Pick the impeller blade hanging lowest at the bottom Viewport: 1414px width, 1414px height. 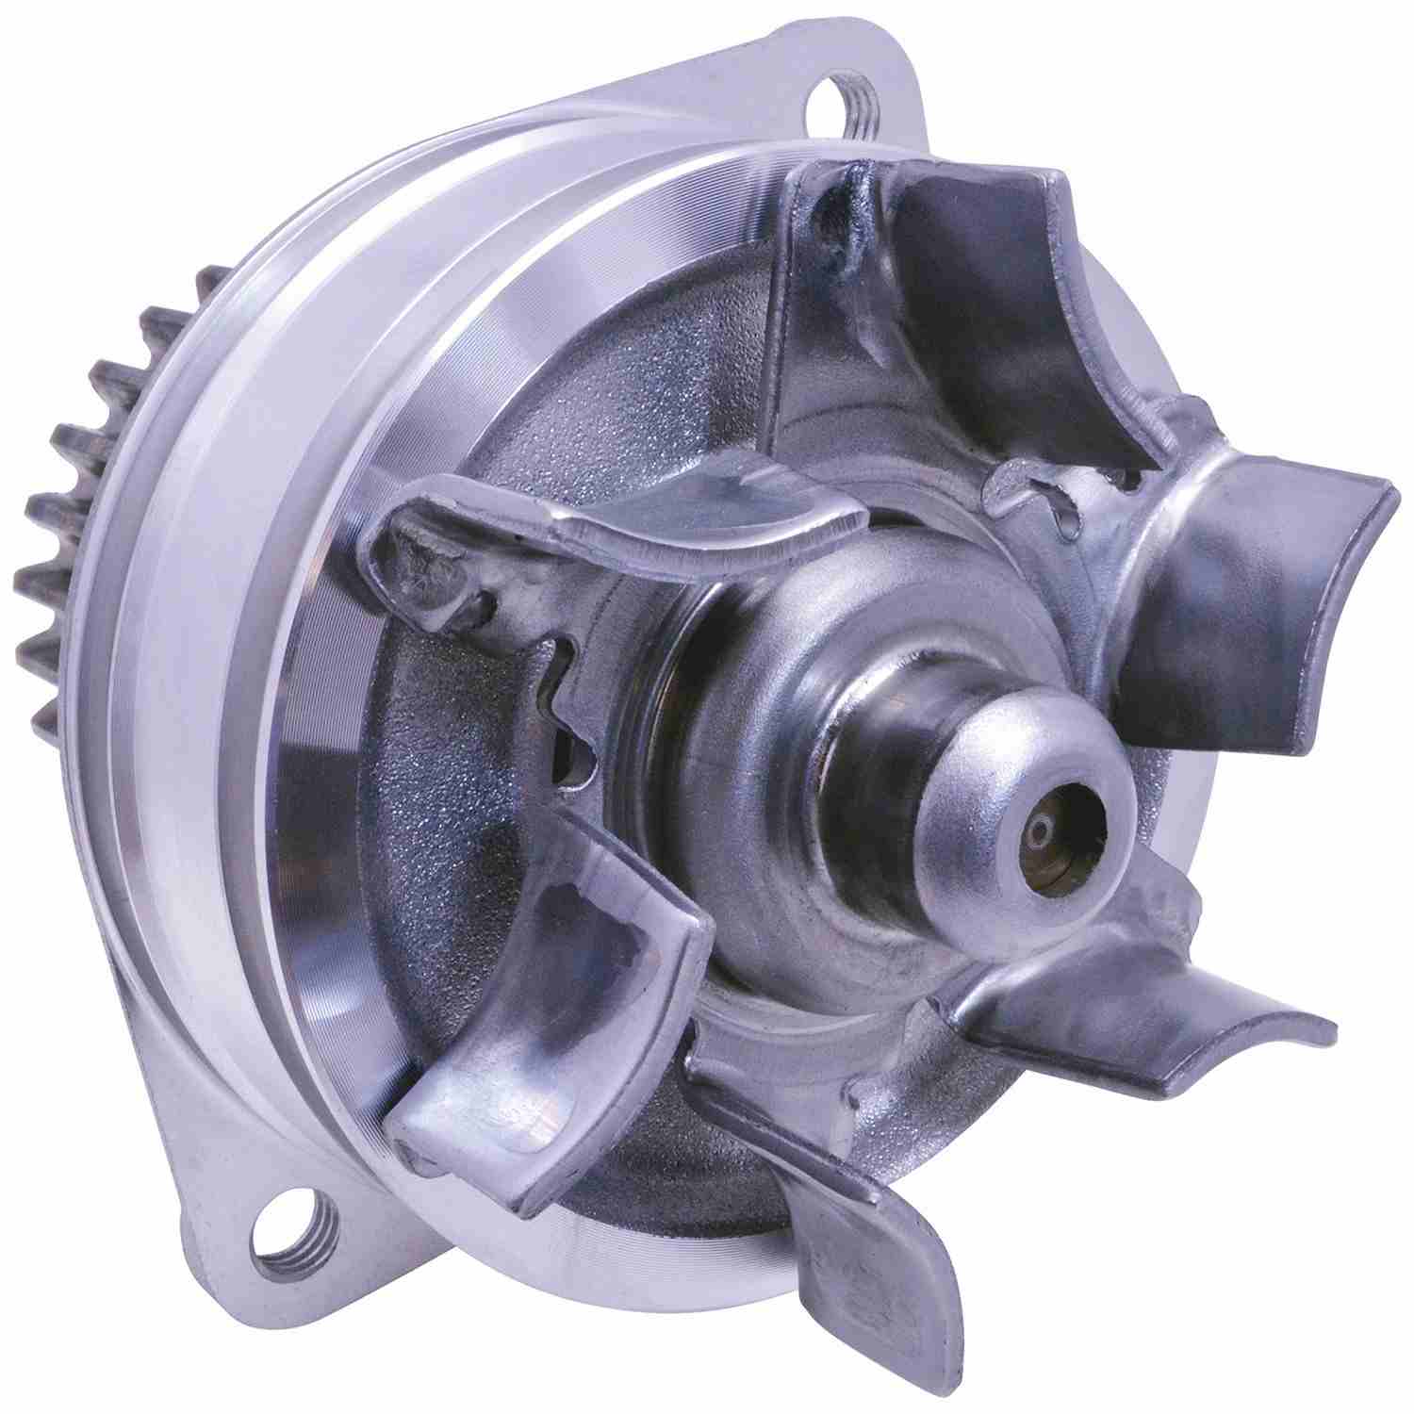(830, 1225)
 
